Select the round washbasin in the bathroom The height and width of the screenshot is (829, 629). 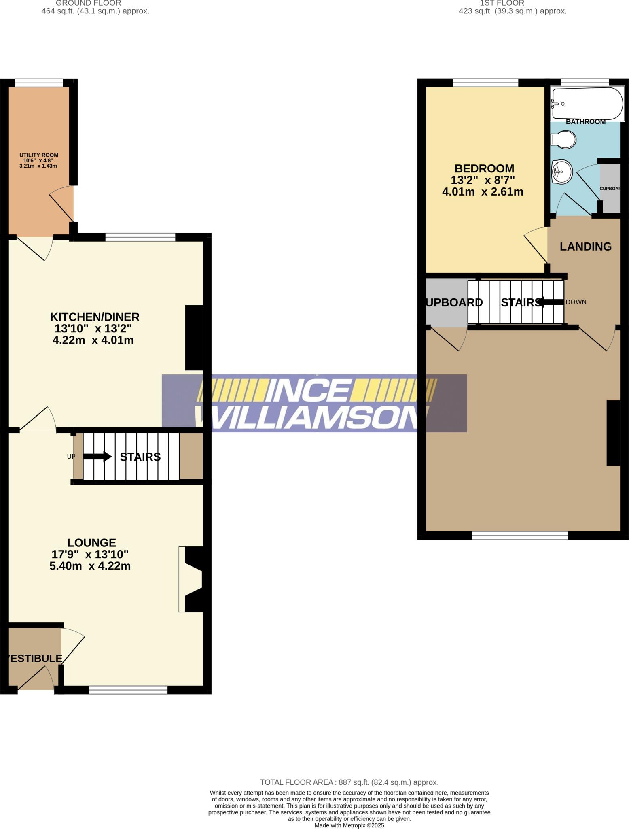[562, 171]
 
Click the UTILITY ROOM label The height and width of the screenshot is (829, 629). [39, 155]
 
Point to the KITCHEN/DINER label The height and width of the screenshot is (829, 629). [94, 317]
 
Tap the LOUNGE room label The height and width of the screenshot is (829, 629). [91, 542]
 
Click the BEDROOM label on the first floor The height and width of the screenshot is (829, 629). [484, 168]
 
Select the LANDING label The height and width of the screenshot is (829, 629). [585, 247]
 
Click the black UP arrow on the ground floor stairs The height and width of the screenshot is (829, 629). [97, 457]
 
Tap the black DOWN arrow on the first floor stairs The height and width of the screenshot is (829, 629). [551, 302]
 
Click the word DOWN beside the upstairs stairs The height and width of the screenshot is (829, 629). [576, 302]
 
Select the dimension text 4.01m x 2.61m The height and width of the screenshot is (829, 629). [483, 192]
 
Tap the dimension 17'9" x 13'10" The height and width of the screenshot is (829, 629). [90, 554]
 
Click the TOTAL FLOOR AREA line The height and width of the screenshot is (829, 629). [349, 782]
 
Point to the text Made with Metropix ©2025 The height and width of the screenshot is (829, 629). [349, 825]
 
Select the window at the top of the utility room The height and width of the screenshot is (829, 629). [39, 83]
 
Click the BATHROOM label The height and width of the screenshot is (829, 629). [585, 122]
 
